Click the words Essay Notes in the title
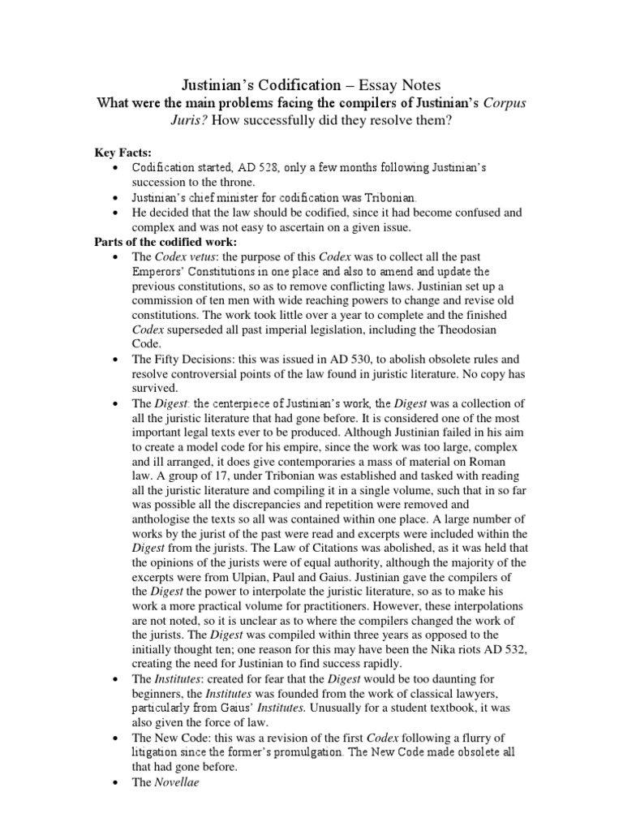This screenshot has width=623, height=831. click(x=393, y=84)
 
